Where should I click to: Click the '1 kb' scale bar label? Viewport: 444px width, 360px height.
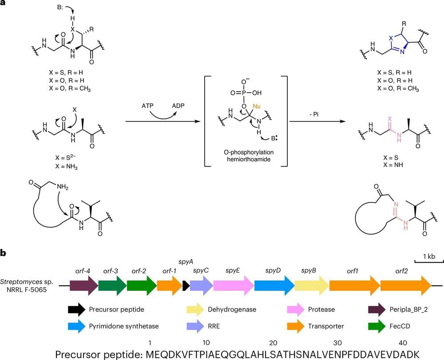coord(428,257)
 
